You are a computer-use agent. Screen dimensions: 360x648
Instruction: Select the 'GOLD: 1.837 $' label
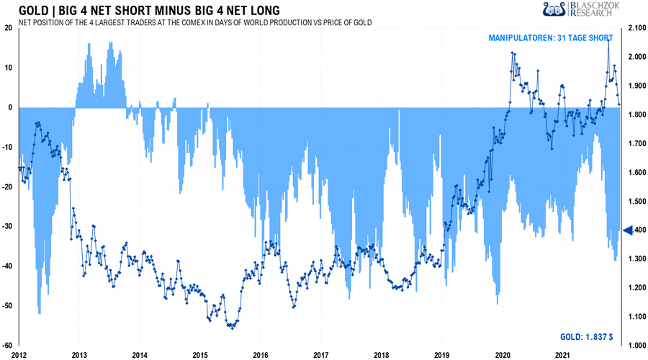(587, 336)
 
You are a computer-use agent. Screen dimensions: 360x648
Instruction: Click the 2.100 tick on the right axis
(636, 28)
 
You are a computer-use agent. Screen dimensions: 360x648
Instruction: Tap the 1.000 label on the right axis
(636, 346)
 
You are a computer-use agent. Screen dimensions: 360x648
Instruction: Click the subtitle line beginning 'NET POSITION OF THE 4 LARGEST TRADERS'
(194, 22)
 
